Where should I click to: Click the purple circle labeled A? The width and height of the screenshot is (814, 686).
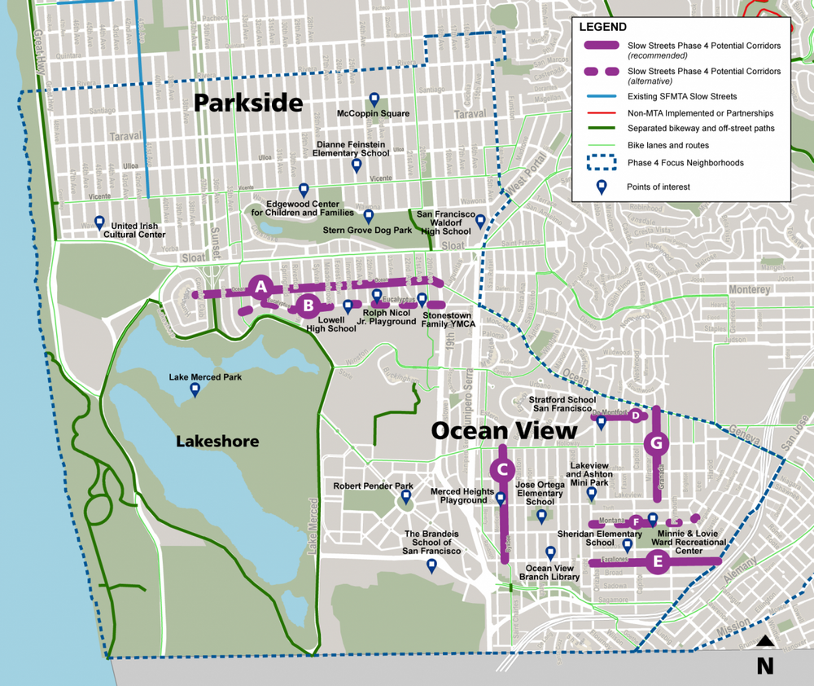point(260,286)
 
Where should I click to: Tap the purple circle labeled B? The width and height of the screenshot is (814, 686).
point(308,306)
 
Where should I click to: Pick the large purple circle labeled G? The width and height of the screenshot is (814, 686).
point(656,444)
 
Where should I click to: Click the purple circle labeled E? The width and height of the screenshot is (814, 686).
point(658,561)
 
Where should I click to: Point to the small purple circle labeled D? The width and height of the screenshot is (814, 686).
point(635,416)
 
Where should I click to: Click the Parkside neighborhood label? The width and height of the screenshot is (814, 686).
point(248,103)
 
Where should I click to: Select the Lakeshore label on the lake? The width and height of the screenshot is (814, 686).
point(217,442)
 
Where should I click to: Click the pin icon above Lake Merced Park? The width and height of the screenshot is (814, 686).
point(195,390)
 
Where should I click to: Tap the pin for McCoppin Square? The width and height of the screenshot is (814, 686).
point(374,99)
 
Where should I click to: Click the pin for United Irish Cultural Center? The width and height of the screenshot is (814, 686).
point(99,222)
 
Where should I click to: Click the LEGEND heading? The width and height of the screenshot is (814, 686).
point(603,26)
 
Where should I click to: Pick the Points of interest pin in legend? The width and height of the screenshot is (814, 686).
point(602,187)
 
